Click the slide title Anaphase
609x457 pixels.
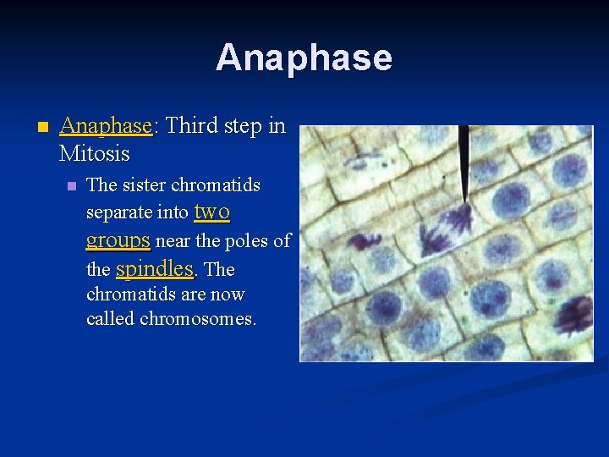304,58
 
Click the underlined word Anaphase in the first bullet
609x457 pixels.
105,126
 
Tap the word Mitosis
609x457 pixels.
95,154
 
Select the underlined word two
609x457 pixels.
212,211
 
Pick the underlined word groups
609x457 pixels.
118,240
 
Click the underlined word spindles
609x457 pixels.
155,268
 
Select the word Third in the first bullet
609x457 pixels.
191,126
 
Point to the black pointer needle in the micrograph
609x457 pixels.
464,161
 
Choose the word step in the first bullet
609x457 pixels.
243,127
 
